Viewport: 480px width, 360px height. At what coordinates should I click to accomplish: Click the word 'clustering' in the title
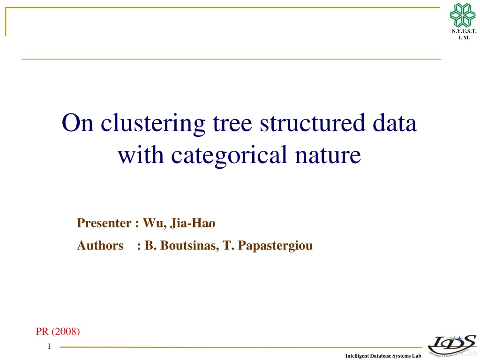[x=153, y=124]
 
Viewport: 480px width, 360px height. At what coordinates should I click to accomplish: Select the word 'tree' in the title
[x=232, y=123]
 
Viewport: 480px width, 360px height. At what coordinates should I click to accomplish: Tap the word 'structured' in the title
[x=312, y=123]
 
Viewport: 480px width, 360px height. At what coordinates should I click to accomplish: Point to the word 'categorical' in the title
[x=229, y=156]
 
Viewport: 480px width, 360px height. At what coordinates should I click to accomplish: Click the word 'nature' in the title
[x=328, y=156]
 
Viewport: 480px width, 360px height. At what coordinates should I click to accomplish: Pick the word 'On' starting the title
[x=77, y=123]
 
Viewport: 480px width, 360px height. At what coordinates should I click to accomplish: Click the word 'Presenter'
[x=104, y=223]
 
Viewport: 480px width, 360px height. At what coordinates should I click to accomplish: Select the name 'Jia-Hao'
[x=193, y=223]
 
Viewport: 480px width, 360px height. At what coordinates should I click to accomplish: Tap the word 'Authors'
[x=100, y=246]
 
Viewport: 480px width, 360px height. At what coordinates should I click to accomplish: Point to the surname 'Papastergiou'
[x=275, y=246]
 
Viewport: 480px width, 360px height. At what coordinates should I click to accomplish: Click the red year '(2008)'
[x=66, y=331]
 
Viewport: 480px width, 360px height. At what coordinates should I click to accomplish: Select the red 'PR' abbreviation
[x=42, y=331]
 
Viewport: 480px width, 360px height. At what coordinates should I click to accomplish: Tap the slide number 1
[x=49, y=346]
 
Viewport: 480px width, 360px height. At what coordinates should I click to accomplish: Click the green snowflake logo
[x=462, y=15]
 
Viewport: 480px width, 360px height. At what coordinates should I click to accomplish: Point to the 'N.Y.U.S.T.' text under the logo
[x=464, y=31]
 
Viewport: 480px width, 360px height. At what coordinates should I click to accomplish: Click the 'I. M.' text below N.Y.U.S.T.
[x=464, y=37]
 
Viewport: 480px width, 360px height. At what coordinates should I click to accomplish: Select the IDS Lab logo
[x=452, y=345]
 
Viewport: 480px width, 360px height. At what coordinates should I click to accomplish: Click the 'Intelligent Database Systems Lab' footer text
[x=383, y=356]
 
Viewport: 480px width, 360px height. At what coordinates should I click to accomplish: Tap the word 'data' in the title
[x=395, y=123]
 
